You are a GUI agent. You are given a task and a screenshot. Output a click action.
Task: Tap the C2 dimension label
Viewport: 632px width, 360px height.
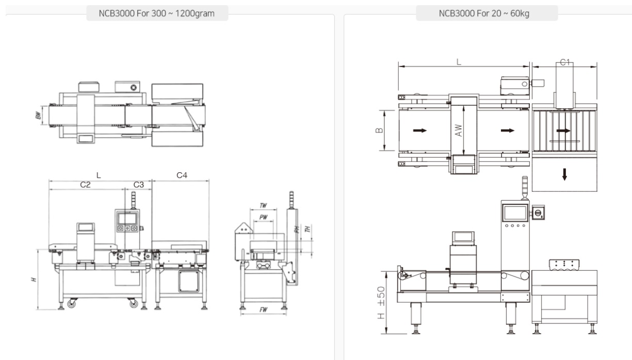pos(86,184)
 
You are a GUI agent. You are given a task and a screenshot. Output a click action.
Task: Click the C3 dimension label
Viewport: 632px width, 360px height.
pos(139,184)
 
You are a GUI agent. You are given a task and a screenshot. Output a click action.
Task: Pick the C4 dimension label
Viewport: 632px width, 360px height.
pos(182,175)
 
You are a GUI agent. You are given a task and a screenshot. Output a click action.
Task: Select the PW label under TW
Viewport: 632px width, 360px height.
pos(263,217)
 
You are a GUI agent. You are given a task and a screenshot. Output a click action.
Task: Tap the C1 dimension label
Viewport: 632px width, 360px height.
pos(564,62)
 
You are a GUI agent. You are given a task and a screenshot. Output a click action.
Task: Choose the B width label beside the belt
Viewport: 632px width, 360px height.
pos(379,130)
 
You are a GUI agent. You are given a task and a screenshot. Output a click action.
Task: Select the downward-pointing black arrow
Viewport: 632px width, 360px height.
pos(564,174)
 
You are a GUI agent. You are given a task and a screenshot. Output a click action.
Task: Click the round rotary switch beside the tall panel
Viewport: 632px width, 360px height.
pos(537,212)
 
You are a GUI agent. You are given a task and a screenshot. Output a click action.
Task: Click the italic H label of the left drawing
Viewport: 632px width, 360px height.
pos(34,279)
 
